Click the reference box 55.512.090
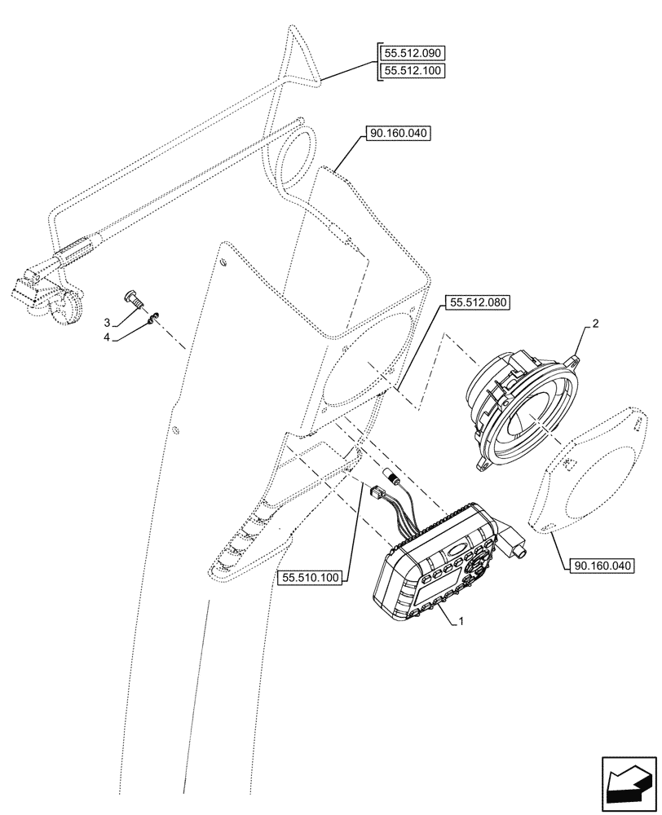click(413, 53)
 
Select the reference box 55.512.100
click(413, 70)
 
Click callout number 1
click(461, 622)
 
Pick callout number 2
click(595, 324)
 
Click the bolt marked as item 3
click(133, 299)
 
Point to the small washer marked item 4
click(153, 318)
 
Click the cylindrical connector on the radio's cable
click(391, 476)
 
